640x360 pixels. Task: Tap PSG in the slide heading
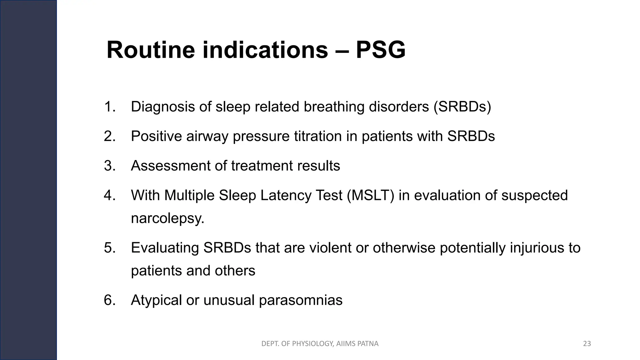click(x=380, y=50)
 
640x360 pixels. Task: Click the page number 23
click(x=587, y=344)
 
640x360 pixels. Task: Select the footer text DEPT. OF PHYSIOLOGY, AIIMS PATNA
click(x=320, y=344)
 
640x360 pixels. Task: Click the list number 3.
click(x=110, y=166)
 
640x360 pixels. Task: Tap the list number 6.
click(x=110, y=300)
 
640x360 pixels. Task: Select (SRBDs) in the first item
click(x=462, y=107)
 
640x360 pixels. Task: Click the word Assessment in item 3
click(x=170, y=166)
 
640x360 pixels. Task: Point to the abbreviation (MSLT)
click(x=370, y=195)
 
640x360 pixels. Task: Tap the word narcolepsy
click(x=167, y=218)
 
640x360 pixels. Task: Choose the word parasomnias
click(x=301, y=300)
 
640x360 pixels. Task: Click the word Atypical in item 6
click(x=156, y=300)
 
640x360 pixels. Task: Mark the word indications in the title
click(x=265, y=50)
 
